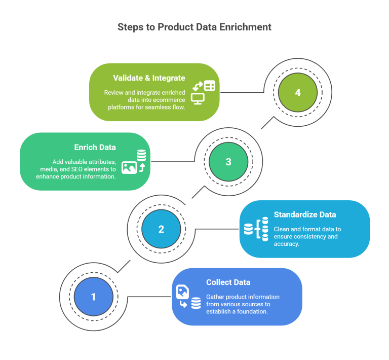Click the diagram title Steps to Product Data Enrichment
click(x=194, y=27)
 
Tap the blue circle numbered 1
click(x=93, y=297)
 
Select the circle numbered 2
click(x=161, y=229)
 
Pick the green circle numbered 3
click(x=228, y=161)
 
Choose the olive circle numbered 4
click(x=297, y=93)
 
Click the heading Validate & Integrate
click(x=149, y=78)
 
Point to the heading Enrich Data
click(x=95, y=147)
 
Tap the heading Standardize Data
click(x=304, y=214)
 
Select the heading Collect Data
click(x=228, y=282)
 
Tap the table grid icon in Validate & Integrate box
click(x=209, y=86)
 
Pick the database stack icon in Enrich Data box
click(x=141, y=155)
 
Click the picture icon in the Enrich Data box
click(x=129, y=167)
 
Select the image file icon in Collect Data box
click(x=182, y=292)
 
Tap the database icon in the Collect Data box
click(x=196, y=304)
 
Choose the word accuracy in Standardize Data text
click(x=286, y=244)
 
